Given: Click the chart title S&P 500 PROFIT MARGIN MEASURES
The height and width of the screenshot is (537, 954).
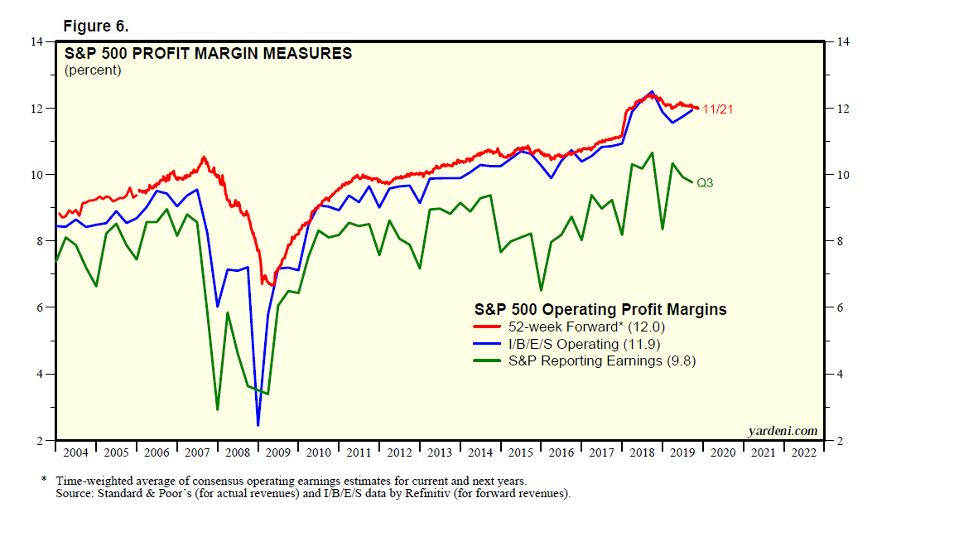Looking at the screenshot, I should click(209, 54).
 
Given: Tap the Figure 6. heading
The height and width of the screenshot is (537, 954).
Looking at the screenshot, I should click(95, 26).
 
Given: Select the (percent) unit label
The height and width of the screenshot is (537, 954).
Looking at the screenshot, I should click(93, 70).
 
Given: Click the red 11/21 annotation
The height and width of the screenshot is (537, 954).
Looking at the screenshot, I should click(717, 109).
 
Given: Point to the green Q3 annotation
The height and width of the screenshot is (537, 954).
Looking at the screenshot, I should click(705, 182).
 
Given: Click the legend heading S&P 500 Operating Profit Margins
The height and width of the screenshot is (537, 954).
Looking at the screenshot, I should click(600, 309).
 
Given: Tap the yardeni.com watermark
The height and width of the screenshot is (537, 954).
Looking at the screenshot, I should click(783, 430).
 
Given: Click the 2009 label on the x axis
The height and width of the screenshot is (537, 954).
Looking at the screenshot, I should click(277, 453).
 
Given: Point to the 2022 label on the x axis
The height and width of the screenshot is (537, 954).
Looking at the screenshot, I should click(802, 453).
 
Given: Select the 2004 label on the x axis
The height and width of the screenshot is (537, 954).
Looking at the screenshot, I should click(75, 453).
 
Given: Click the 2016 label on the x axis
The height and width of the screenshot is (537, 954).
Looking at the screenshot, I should click(561, 453).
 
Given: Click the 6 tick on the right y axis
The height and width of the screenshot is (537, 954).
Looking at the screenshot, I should click(839, 307).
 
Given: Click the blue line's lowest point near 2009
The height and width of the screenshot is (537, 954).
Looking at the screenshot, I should click(258, 425).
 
